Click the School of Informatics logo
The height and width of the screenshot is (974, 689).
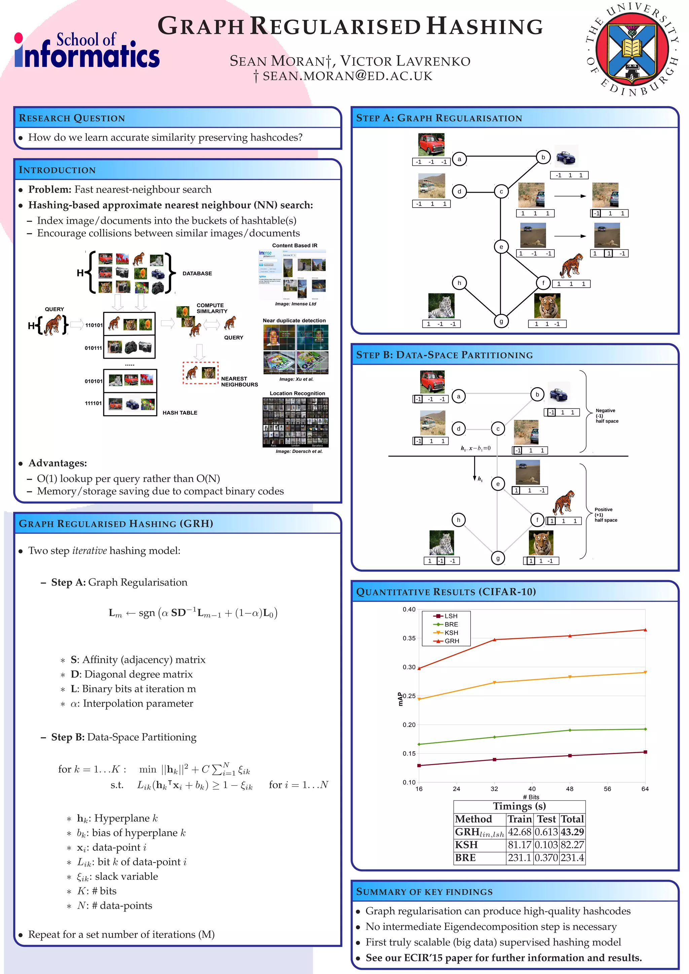click(x=87, y=50)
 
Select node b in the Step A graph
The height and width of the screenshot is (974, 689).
click(x=543, y=157)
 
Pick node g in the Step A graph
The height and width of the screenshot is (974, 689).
click(x=501, y=321)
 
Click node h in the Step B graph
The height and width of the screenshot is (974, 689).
click(x=458, y=520)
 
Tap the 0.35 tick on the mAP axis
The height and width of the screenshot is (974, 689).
click(x=409, y=638)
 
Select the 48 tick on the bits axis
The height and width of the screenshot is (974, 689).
click(x=569, y=789)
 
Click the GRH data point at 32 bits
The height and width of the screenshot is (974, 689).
click(x=494, y=639)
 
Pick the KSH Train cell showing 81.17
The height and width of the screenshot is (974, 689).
click(x=520, y=844)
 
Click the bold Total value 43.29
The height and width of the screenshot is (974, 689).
click(x=572, y=832)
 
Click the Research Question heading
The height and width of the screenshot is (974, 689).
click(x=72, y=118)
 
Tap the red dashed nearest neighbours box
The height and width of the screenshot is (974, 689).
click(x=200, y=372)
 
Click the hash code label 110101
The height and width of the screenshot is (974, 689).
click(x=94, y=325)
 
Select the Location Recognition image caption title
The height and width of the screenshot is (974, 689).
click(x=297, y=393)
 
